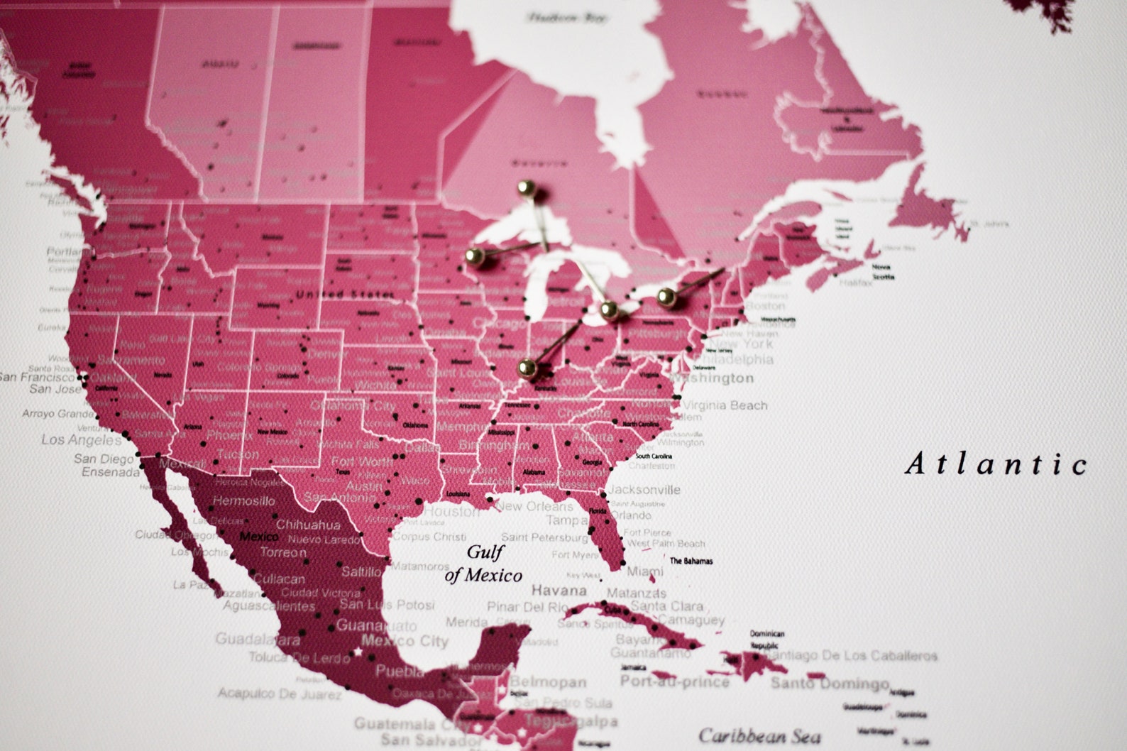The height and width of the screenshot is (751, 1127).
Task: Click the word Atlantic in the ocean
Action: click(x=996, y=464)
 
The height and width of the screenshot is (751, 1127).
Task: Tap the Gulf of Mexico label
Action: click(x=484, y=564)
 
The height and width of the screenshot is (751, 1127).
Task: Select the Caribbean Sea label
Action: click(x=759, y=736)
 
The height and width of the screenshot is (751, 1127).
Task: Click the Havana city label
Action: click(x=559, y=591)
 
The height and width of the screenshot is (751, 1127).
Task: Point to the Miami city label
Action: click(x=645, y=571)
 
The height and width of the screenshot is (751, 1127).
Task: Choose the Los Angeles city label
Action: click(x=81, y=439)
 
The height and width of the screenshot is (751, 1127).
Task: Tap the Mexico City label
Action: click(x=405, y=642)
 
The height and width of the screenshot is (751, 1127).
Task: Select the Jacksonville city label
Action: click(x=644, y=490)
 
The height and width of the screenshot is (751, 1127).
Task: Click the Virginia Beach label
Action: click(x=725, y=405)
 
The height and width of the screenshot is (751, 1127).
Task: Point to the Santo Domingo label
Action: click(x=829, y=684)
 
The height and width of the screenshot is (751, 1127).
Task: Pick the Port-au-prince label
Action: click(x=674, y=681)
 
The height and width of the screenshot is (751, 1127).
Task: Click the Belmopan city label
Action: click(x=548, y=682)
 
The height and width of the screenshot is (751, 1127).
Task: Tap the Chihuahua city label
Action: click(x=308, y=525)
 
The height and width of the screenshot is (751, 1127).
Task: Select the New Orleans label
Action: click(x=534, y=507)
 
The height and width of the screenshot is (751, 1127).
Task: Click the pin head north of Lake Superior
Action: click(x=526, y=188)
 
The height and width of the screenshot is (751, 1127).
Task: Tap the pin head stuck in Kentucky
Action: click(x=527, y=368)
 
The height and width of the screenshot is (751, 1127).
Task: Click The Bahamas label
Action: click(x=691, y=561)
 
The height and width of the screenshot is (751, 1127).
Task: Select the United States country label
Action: click(x=344, y=294)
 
